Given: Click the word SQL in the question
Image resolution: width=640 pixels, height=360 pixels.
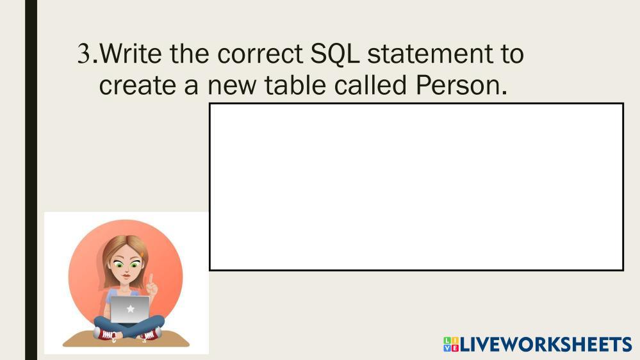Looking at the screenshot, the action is [334, 54].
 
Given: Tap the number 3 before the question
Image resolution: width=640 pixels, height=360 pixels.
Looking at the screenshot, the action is [84, 54].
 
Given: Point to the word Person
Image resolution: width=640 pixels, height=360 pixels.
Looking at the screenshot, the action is [461, 85].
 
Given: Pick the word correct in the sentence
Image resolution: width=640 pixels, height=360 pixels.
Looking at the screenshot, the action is [259, 54].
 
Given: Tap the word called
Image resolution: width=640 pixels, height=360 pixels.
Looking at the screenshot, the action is [370, 85].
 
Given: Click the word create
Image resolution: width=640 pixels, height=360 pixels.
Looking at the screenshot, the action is [137, 86].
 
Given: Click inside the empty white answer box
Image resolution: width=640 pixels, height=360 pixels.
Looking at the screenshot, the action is [416, 187].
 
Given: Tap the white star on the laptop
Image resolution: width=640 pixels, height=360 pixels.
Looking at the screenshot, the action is [131, 309].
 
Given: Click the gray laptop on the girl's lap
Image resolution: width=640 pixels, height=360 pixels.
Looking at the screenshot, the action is [130, 309].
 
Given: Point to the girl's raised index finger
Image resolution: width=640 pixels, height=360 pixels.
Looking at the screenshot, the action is [151, 279].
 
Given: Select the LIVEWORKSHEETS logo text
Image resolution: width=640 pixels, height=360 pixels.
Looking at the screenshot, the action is [546, 345].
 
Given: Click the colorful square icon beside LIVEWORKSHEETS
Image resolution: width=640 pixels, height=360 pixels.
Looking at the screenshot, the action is [451, 345].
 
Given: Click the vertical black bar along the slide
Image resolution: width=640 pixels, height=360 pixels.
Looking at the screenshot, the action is [31, 180].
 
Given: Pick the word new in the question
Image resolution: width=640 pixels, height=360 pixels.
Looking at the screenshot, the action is [232, 86].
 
